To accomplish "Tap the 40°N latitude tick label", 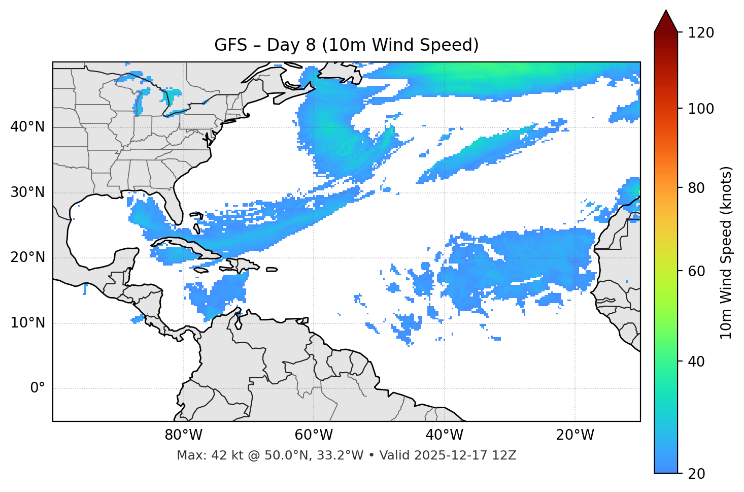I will [x=27, y=126].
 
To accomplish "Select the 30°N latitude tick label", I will [x=27, y=192].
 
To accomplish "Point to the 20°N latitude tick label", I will [x=27, y=257].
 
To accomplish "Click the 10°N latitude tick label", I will [x=27, y=323].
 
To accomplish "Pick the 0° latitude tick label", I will [x=38, y=388].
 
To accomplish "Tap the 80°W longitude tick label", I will [x=183, y=435].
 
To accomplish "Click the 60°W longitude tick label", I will [x=314, y=435].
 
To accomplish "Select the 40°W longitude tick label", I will [x=444, y=435].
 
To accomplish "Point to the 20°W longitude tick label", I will [x=574, y=435].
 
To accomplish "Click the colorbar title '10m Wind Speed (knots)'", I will [x=726, y=252].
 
